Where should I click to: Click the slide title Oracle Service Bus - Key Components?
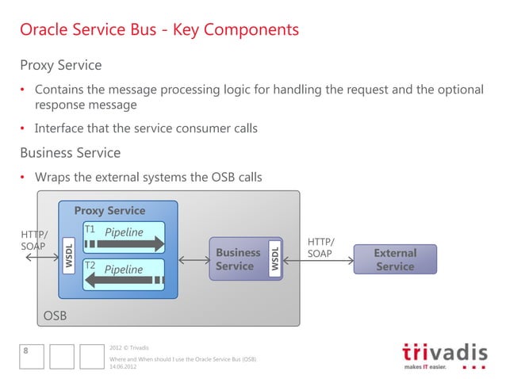tap(159, 30)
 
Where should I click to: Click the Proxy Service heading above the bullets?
tap(60, 63)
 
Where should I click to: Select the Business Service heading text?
tap(70, 152)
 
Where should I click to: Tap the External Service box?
tap(395, 259)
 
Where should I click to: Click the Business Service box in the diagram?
tap(238, 259)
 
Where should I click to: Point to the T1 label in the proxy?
tap(90, 230)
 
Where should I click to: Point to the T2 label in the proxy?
tap(90, 265)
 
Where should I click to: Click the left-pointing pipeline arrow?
tap(128, 279)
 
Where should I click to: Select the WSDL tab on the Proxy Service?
tap(69, 255)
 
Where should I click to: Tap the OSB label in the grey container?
tap(55, 316)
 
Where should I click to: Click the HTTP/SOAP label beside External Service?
tap(320, 247)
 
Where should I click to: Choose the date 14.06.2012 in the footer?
tap(123, 367)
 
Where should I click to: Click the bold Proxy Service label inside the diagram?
tap(109, 211)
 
